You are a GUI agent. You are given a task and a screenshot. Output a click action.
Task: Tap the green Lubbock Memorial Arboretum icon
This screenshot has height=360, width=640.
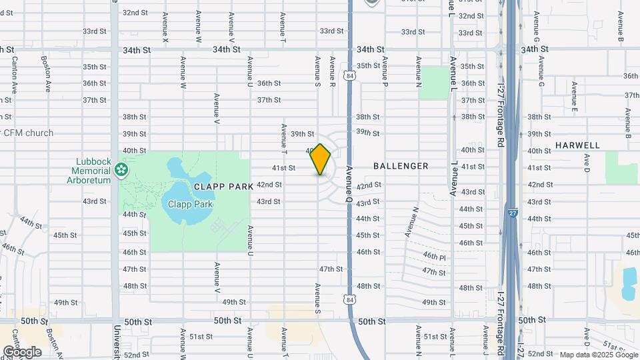pyautogui.click(x=121, y=171)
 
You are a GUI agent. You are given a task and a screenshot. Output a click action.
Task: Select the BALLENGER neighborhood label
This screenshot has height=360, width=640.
pyautogui.click(x=401, y=166)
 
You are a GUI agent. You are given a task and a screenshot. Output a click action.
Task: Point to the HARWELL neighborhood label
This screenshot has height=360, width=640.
pyautogui.click(x=577, y=145)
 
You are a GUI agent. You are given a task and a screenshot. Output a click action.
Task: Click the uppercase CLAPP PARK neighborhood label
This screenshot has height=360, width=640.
pyautogui.click(x=224, y=187)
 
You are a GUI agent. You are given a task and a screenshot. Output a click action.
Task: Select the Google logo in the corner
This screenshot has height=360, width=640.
pyautogui.click(x=22, y=351)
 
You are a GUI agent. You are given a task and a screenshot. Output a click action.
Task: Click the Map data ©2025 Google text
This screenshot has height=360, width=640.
pyautogui.click(x=598, y=355)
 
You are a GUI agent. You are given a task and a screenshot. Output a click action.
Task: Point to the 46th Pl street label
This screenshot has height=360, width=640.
pyautogui.click(x=434, y=256)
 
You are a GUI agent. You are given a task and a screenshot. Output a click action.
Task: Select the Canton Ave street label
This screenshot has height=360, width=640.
pyautogui.click(x=13, y=74)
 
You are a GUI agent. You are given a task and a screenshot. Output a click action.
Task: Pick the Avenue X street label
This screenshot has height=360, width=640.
pyautogui.click(x=165, y=28)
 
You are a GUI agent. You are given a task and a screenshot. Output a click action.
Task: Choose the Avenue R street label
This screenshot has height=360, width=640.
pyautogui.click(x=332, y=72)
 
